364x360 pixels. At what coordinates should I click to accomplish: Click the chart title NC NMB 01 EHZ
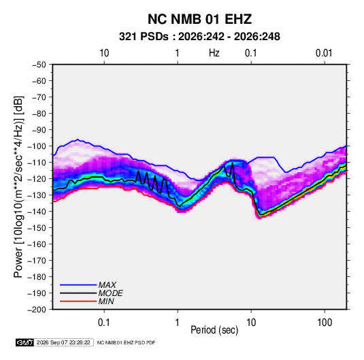(x=199, y=19)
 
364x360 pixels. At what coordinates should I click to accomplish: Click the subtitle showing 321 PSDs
(x=199, y=37)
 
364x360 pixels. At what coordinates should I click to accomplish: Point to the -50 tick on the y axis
(x=39, y=65)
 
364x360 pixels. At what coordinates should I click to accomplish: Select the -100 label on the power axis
(x=37, y=146)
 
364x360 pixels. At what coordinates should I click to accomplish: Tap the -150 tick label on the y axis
(x=37, y=228)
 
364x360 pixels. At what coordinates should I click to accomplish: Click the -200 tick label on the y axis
(x=37, y=310)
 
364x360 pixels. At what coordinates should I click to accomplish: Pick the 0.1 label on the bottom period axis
(x=104, y=323)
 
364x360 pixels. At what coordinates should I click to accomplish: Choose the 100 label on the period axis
(x=325, y=323)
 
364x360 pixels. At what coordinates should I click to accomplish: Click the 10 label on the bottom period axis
(x=251, y=323)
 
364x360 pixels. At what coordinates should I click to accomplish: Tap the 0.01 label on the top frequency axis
(x=324, y=53)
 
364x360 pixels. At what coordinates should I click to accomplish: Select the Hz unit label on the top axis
(x=214, y=53)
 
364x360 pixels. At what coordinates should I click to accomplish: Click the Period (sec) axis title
(x=214, y=330)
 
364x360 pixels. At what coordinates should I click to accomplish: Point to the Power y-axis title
(x=18, y=187)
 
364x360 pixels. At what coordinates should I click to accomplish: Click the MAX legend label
(x=107, y=285)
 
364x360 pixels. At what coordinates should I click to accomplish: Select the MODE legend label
(x=110, y=293)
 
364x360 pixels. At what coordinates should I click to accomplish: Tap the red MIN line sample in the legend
(x=78, y=301)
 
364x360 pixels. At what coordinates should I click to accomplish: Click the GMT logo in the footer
(x=24, y=342)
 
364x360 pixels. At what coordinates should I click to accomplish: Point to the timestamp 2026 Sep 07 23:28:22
(x=63, y=342)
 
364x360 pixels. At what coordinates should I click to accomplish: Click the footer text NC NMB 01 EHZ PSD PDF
(x=126, y=342)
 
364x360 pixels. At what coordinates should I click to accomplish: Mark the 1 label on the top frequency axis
(x=177, y=53)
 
